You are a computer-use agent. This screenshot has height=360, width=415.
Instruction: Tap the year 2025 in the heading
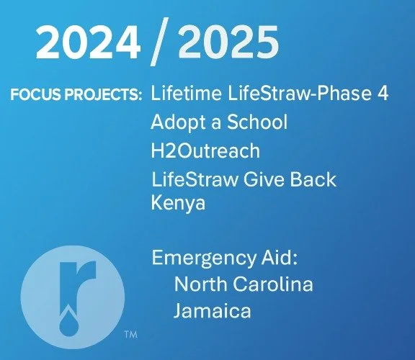tap(227, 45)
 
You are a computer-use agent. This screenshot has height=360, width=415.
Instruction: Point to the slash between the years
tap(158, 45)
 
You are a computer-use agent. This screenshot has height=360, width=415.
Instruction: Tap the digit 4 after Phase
tap(383, 96)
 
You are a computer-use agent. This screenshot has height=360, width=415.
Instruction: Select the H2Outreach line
tap(205, 151)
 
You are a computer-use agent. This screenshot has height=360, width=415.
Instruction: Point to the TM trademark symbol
tap(130, 334)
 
